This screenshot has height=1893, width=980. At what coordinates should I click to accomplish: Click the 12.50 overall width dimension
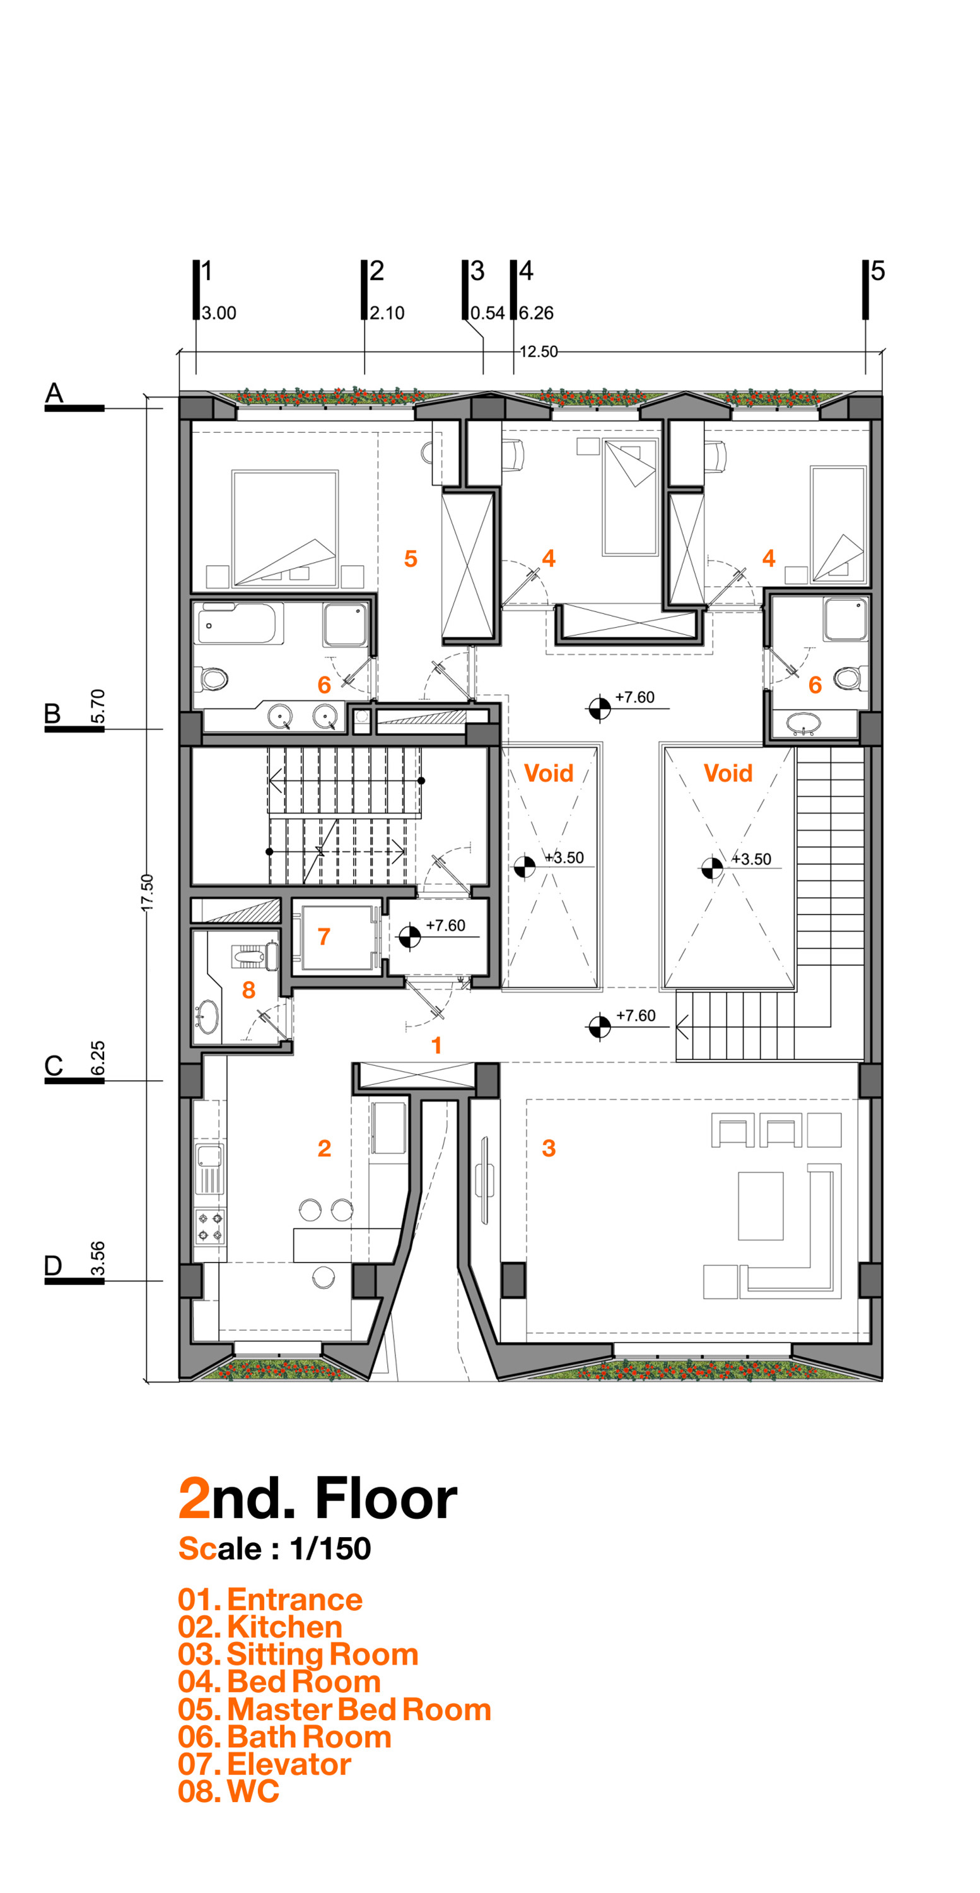point(539,351)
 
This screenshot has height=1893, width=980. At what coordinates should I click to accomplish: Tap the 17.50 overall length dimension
point(148,892)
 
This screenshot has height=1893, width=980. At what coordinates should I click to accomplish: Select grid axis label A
point(54,392)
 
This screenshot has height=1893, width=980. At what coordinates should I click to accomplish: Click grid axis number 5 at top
point(878,271)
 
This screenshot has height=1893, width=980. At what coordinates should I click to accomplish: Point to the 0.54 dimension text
point(487,313)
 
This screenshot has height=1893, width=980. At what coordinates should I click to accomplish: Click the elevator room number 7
point(324,936)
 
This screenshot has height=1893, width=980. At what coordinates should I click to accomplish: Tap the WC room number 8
point(249,990)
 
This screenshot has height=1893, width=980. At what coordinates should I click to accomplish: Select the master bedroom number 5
point(411,558)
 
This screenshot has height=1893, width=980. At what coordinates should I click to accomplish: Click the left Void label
point(548,773)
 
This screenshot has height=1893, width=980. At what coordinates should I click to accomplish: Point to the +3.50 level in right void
point(751,859)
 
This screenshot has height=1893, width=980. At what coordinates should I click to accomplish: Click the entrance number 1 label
point(436,1045)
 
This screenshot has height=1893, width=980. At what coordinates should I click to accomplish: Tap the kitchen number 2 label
point(324,1148)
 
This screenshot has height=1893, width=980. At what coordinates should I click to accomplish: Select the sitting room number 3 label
point(548,1148)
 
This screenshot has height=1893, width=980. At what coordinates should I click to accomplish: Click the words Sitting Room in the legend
point(322,1654)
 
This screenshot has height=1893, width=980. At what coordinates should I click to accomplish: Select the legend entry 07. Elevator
point(264,1764)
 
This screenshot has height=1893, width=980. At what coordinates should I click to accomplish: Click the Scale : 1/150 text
point(275,1548)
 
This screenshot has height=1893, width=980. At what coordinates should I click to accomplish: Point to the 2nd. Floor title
point(318,1499)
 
